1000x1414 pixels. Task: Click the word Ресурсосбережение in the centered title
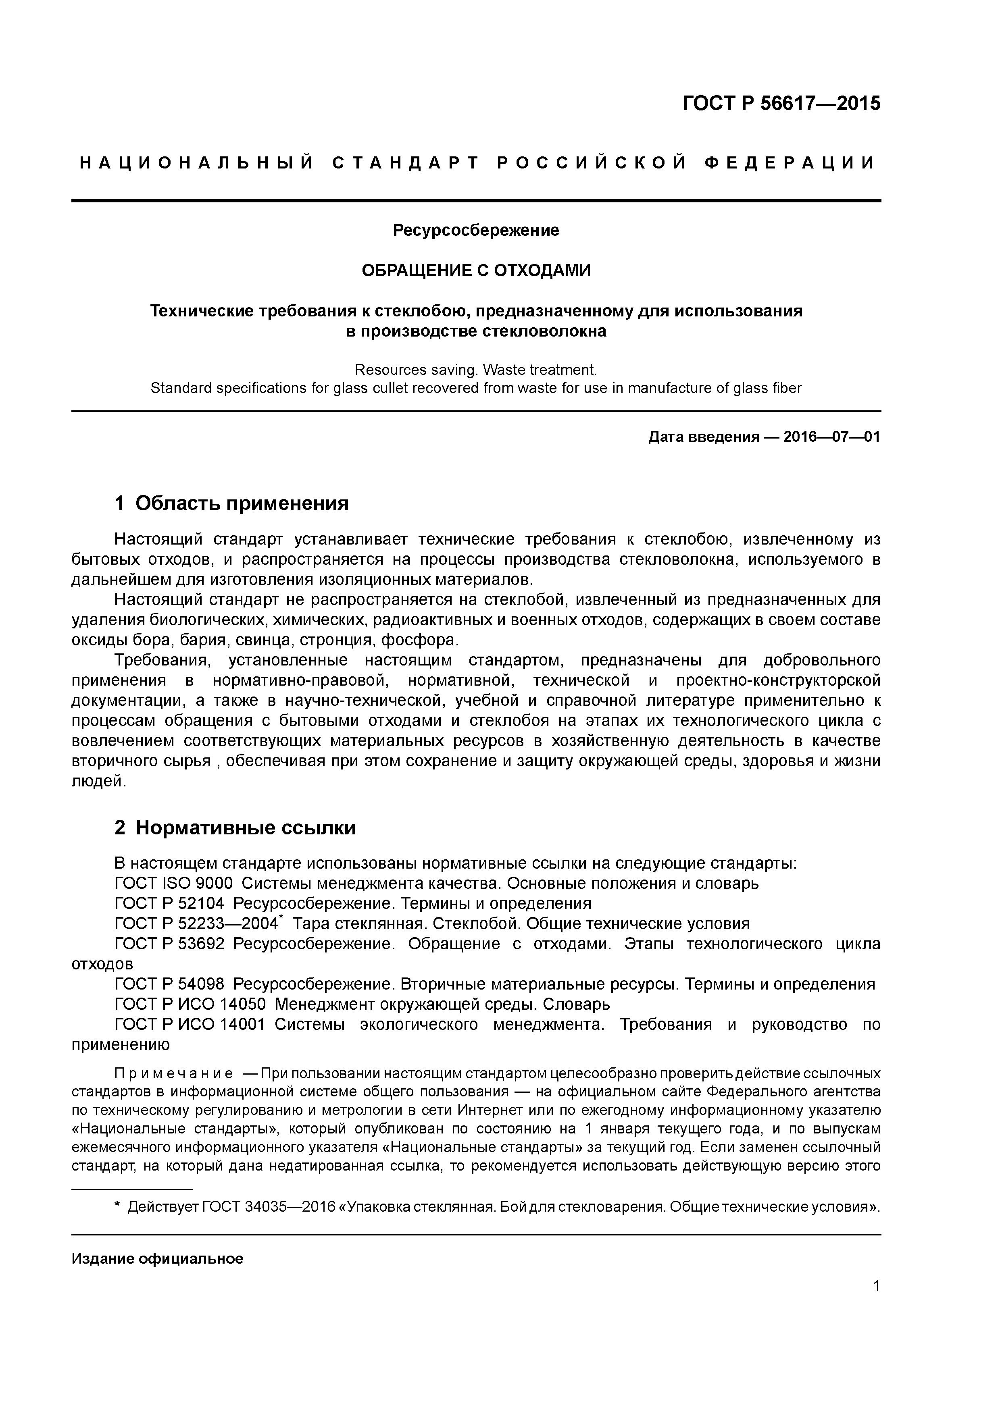pyautogui.click(x=476, y=230)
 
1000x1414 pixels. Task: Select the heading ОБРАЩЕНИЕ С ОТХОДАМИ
pyautogui.click(x=476, y=270)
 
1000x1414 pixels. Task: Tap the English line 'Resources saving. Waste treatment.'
pyautogui.click(x=476, y=370)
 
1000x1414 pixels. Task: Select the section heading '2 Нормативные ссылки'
pyautogui.click(x=235, y=828)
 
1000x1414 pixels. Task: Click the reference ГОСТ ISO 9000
pyautogui.click(x=174, y=884)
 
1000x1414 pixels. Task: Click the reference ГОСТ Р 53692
pyautogui.click(x=170, y=944)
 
